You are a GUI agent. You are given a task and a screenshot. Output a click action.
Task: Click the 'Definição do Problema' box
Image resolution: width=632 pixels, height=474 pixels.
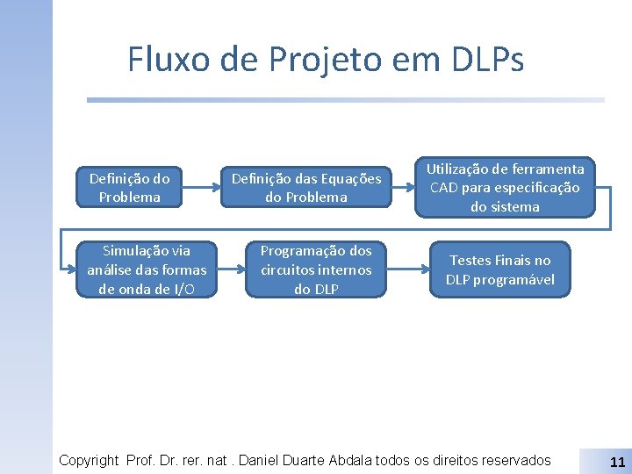tap(130, 187)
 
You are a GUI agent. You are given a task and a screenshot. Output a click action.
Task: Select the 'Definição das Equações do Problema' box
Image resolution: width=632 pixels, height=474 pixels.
tap(306, 187)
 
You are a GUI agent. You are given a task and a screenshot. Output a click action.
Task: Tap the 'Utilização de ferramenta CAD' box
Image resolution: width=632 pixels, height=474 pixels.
tap(505, 187)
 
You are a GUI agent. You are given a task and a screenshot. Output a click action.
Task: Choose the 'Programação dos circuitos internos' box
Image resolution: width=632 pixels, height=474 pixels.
tap(315, 270)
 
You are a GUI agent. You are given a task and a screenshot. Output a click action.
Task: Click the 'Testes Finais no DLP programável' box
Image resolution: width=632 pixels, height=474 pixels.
tap(499, 270)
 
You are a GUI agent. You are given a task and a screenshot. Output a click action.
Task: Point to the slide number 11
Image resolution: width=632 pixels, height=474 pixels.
tap(616, 462)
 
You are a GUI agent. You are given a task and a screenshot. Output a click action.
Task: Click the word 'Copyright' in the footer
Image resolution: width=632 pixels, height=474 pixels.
tap(89, 460)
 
